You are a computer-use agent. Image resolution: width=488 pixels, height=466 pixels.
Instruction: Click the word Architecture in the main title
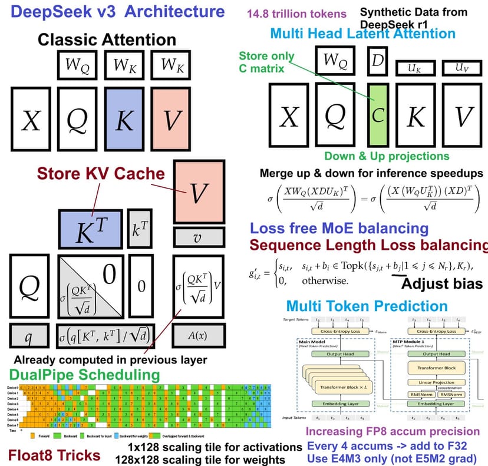click(x=172, y=11)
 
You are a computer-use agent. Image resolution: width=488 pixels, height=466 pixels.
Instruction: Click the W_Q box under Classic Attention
click(x=77, y=65)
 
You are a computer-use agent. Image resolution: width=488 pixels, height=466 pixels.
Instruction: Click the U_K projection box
click(x=416, y=69)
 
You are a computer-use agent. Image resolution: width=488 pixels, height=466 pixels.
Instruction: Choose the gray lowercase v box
click(x=198, y=237)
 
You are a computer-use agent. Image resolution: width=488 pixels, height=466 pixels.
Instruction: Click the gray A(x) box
click(x=198, y=335)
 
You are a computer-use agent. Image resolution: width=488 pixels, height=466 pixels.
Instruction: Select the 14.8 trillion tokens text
click(x=289, y=13)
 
